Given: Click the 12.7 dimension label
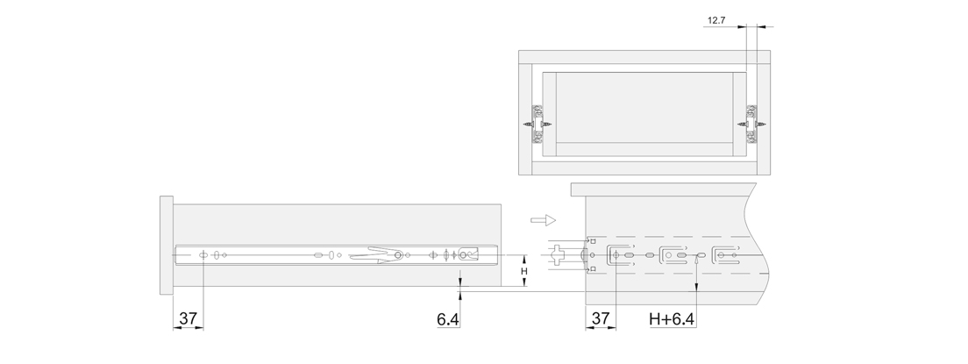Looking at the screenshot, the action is point(716,20).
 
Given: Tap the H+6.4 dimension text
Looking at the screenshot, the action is point(672,319).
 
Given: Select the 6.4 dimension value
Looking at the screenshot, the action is point(447,319).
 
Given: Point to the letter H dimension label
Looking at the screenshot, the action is point(524,271).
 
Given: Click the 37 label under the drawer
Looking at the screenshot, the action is point(188,318).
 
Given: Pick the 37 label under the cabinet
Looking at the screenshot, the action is point(600,318).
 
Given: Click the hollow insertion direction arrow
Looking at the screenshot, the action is point(544,220).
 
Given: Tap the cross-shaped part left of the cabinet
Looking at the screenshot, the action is point(556,254).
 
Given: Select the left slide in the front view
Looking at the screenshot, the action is point(538,125).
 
